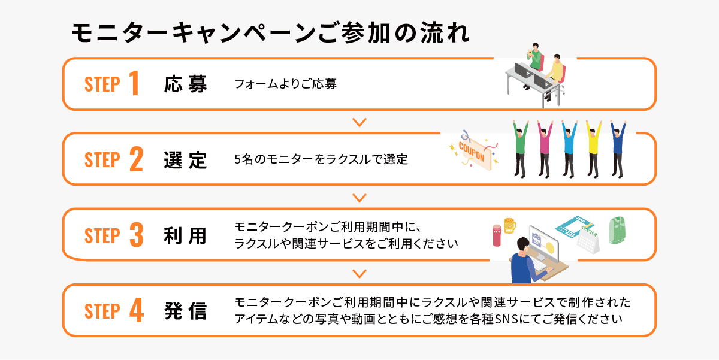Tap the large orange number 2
pos(136,160)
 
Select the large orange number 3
pos(136,235)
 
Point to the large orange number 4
pos(136,311)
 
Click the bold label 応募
pos(186,84)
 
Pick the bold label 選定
pos(186,160)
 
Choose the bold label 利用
pos(186,235)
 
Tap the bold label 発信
pos(186,311)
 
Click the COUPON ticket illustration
pos(473,153)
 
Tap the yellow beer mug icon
pos(509,225)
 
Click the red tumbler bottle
pos(496,235)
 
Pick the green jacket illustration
pos(619,230)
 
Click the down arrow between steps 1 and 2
pos(359,122)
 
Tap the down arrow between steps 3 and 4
pos(359,274)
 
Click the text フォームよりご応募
pos(285,84)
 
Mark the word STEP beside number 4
pos(102,312)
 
